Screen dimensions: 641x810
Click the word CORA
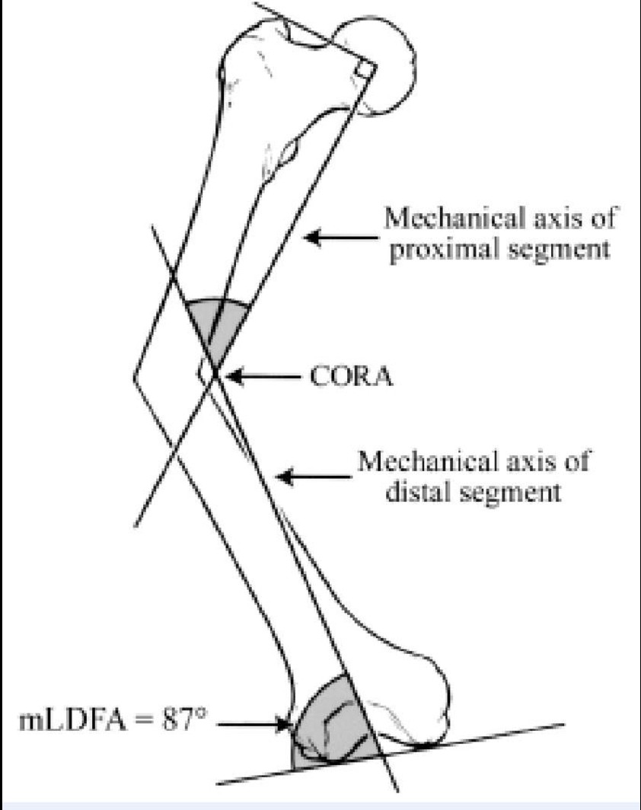[x=351, y=376]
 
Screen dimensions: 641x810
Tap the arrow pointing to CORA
[x=264, y=377]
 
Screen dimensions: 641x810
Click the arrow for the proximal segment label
[x=341, y=238]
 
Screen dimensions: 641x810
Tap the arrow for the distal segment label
[x=314, y=476]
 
